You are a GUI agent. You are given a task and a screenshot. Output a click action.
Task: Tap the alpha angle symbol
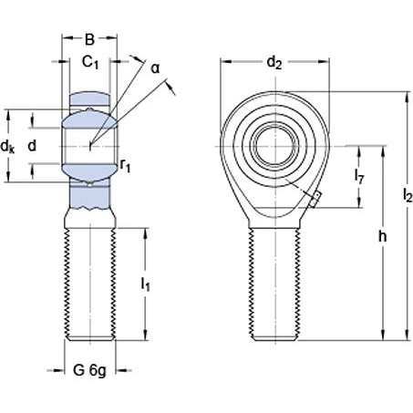pyautogui.click(x=155, y=67)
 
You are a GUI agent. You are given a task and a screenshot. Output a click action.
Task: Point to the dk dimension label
pyautogui.click(x=8, y=146)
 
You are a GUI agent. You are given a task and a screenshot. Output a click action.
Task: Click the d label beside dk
pyautogui.click(x=33, y=145)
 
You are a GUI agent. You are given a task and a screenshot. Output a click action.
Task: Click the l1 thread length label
pyautogui.click(x=145, y=285)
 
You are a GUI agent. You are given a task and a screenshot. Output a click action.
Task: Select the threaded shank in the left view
pyautogui.click(x=89, y=283)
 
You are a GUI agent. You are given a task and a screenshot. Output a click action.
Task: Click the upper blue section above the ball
pyautogui.click(x=90, y=98)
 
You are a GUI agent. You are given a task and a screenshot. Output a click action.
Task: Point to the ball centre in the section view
pyautogui.click(x=90, y=144)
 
